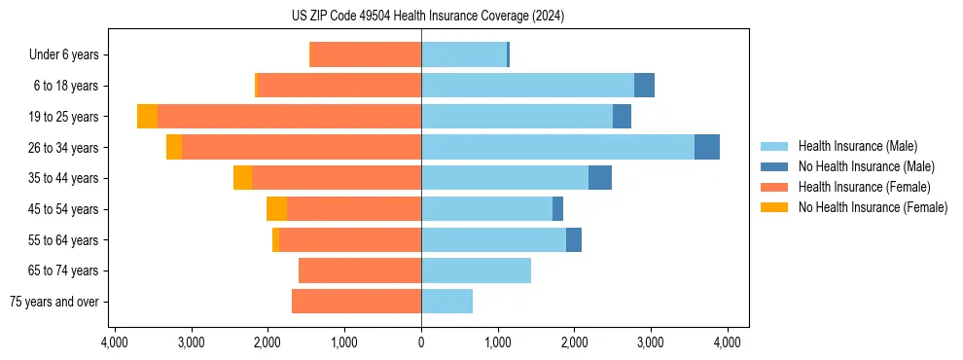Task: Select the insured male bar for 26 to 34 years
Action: pyautogui.click(x=557, y=147)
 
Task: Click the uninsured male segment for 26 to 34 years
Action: pyautogui.click(x=707, y=147)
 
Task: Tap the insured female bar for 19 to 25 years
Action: pyautogui.click(x=289, y=117)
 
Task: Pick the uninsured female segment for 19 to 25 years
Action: pyautogui.click(x=147, y=117)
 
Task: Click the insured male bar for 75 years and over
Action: pyautogui.click(x=446, y=302)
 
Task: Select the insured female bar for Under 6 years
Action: pyautogui.click(x=365, y=54)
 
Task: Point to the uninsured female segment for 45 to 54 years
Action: pyautogui.click(x=276, y=209)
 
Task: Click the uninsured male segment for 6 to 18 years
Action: pyautogui.click(x=644, y=86)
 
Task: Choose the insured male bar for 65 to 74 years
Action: pyautogui.click(x=476, y=270)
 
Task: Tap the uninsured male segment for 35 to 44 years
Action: pyautogui.click(x=600, y=178)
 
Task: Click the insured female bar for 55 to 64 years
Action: pyautogui.click(x=350, y=239)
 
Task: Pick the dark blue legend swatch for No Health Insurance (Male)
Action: pyautogui.click(x=774, y=166)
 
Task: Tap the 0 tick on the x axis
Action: pyautogui.click(x=421, y=342)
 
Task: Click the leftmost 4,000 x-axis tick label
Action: pyautogui.click(x=115, y=342)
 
